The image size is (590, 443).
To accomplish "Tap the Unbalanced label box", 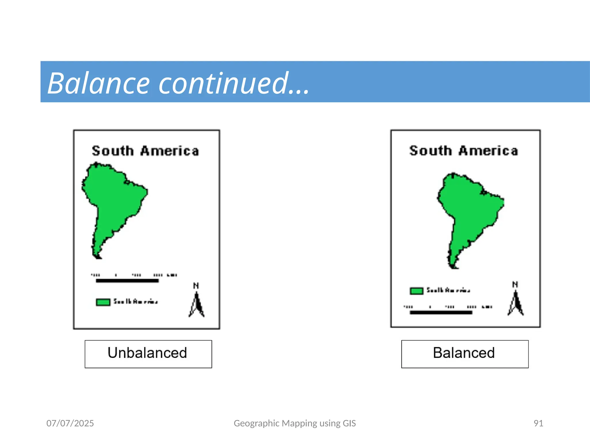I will (x=148, y=354).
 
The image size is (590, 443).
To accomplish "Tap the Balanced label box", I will (x=464, y=354).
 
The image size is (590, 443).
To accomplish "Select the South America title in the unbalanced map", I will (x=145, y=151).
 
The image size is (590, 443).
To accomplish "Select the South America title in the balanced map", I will (x=464, y=151).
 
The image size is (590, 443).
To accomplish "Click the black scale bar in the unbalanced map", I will (x=127, y=281).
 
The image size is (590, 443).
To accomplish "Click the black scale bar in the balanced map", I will (x=441, y=312).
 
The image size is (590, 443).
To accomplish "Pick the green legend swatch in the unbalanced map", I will (x=103, y=302).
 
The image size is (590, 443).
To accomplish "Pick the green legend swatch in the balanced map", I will (x=416, y=291).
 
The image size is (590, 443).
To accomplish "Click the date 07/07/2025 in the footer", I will (x=70, y=423).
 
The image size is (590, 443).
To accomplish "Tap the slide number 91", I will (x=538, y=423).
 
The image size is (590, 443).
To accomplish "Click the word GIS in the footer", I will (x=349, y=423).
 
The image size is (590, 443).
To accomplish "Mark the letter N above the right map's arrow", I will (x=515, y=284).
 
